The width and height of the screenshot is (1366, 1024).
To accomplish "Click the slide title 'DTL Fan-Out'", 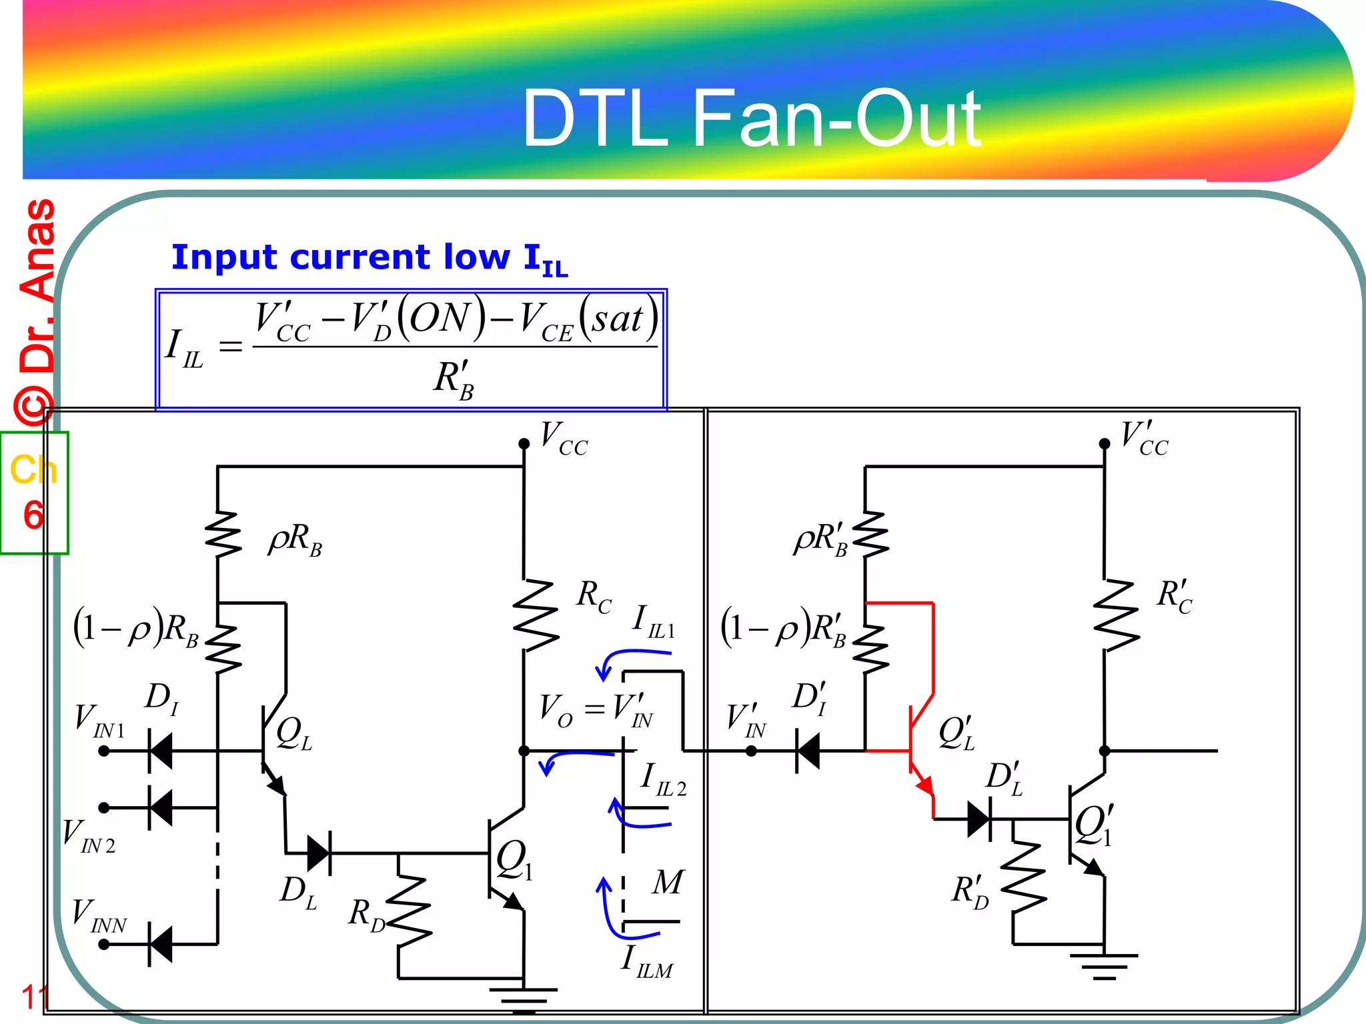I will pyautogui.click(x=751, y=119).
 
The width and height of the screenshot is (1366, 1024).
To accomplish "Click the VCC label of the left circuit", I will pyautogui.click(x=564, y=439).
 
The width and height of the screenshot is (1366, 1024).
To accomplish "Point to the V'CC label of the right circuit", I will pyautogui.click(x=1144, y=439).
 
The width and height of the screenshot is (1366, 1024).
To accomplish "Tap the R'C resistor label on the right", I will pyautogui.click(x=1174, y=596).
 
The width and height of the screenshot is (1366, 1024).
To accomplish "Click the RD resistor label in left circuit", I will pyautogui.click(x=367, y=915).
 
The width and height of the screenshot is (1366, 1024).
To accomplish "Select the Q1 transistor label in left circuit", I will pyautogui.click(x=514, y=861).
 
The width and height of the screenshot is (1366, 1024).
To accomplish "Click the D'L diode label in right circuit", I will pyautogui.click(x=1004, y=779).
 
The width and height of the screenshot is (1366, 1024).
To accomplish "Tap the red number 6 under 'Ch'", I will pyautogui.click(x=33, y=515).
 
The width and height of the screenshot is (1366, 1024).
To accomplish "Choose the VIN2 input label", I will pyautogui.click(x=89, y=837).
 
